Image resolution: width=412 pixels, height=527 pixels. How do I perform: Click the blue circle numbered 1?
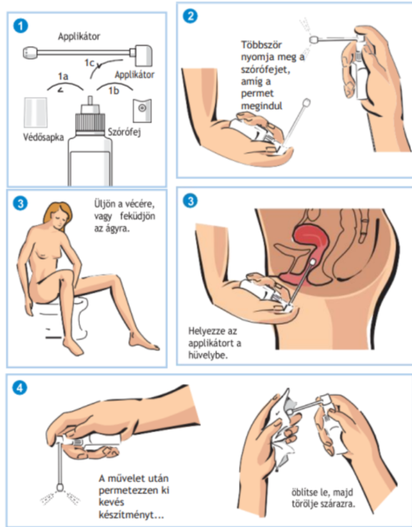(x=21, y=26)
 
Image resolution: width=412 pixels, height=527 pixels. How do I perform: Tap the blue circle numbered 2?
(x=190, y=16)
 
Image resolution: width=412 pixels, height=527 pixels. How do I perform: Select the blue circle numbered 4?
(x=19, y=388)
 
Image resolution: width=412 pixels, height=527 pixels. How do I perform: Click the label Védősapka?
(x=44, y=137)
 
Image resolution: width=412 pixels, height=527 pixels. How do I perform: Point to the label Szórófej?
(x=124, y=132)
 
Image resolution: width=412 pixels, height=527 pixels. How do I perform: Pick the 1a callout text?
(x=63, y=77)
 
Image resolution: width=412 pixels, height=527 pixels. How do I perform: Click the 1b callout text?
(x=114, y=90)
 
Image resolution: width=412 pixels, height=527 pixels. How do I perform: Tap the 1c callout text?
(x=89, y=63)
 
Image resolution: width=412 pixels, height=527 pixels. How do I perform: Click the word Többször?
(x=261, y=45)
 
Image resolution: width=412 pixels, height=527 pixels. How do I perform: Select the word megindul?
(x=261, y=106)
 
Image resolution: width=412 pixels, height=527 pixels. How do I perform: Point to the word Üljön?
(x=104, y=204)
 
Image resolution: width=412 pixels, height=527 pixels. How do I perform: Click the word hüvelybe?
(x=208, y=355)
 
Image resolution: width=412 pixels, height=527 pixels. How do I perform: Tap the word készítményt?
(x=131, y=515)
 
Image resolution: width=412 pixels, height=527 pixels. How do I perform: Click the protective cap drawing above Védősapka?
(x=36, y=112)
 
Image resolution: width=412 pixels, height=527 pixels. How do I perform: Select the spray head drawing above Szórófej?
(x=142, y=111)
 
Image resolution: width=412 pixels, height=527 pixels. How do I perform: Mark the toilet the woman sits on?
(x=66, y=320)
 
